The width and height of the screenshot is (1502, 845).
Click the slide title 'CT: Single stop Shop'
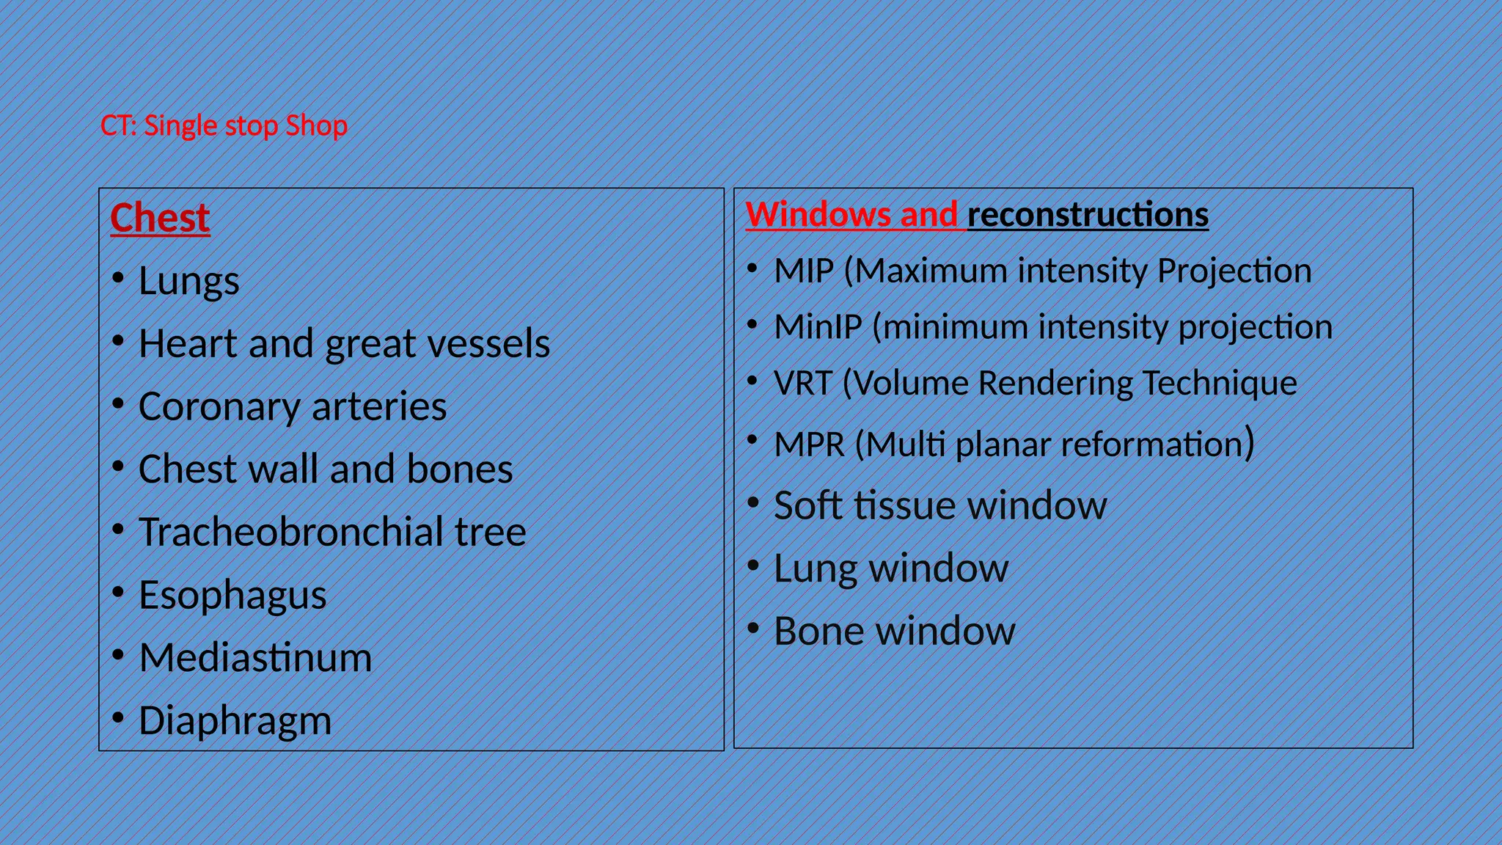pos(224,126)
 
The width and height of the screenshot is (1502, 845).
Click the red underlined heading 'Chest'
pos(160,218)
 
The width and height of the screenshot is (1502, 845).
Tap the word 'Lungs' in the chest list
pos(188,282)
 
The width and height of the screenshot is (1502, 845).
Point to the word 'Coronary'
pos(218,407)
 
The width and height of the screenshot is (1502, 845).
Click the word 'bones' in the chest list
pos(460,469)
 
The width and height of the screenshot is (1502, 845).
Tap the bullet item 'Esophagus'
pos(232,596)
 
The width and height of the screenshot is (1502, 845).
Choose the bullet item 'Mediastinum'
pos(255,658)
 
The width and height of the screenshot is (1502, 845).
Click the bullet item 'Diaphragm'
pos(235,721)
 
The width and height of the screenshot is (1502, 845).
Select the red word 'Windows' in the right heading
pos(818,214)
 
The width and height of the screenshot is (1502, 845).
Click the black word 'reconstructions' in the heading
pos(1088,214)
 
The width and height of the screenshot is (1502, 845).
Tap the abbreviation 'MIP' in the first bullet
pos(804,271)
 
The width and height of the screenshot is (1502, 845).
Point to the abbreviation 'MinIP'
pos(818,327)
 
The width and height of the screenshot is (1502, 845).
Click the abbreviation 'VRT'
pos(802,383)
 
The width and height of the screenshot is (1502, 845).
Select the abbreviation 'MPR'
pos(809,445)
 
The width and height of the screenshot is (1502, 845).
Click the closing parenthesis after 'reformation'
pos(1249,442)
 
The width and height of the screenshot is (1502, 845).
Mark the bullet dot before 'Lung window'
pos(752,566)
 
